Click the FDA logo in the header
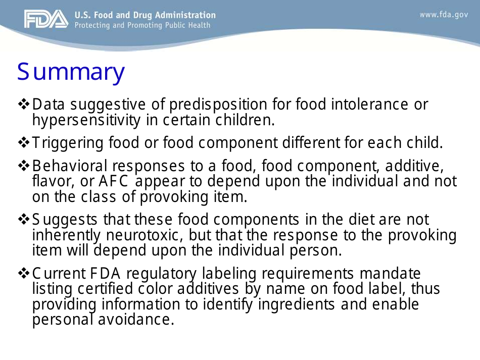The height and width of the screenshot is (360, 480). pos(45,19)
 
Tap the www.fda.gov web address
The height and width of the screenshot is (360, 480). pos(444,15)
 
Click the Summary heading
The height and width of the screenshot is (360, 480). pos(71,72)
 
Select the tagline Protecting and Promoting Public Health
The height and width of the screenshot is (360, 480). pos(142,25)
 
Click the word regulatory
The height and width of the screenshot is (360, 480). pos(162,274)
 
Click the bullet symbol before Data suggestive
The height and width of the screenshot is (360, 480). pos(24,105)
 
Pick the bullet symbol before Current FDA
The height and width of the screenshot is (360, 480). pos(24,274)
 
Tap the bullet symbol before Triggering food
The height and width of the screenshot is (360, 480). pos(24,143)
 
